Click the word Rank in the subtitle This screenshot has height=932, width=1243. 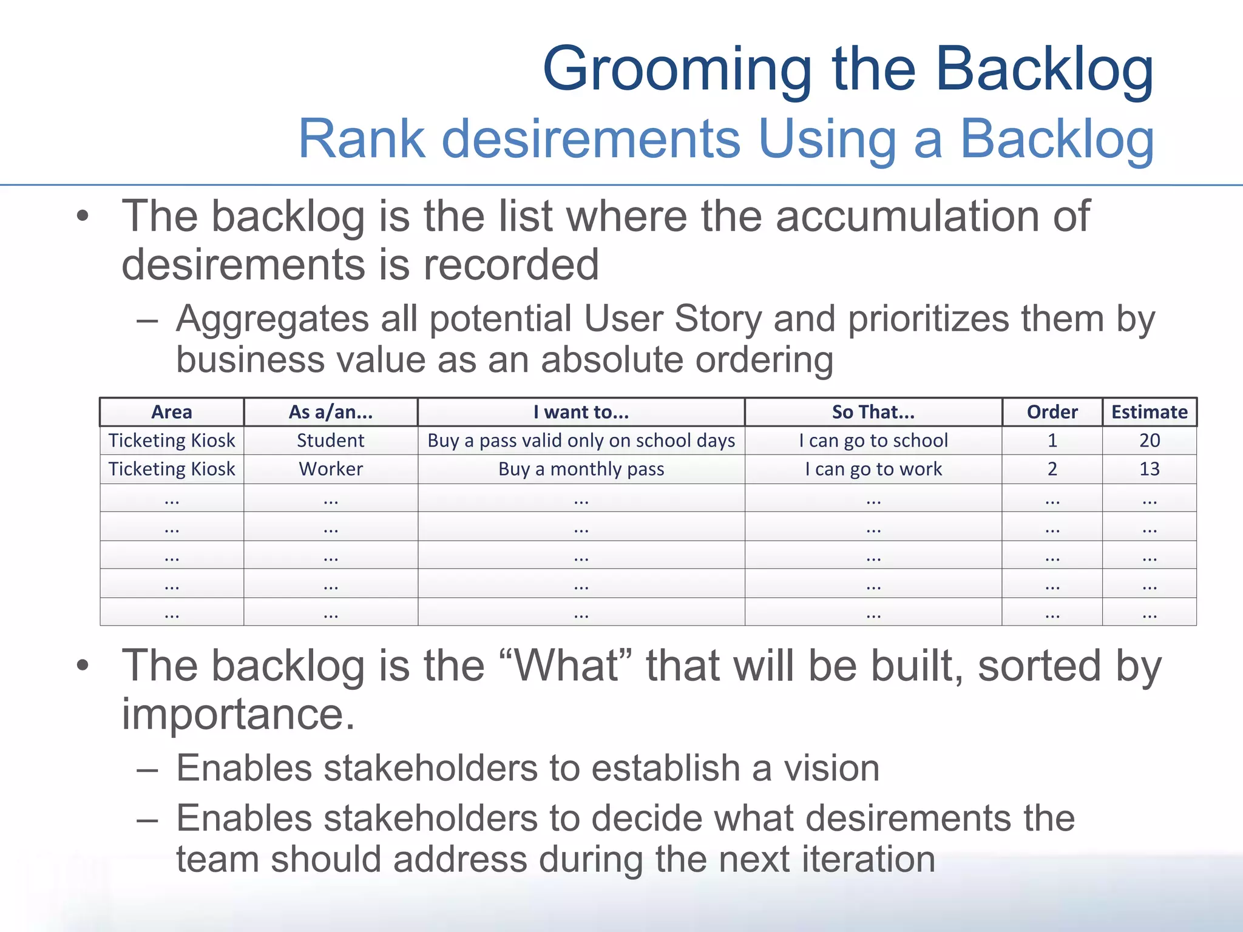(x=361, y=139)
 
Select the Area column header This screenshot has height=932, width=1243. (x=172, y=412)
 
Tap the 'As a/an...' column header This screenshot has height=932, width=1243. (x=330, y=412)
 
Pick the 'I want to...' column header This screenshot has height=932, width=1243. (x=581, y=412)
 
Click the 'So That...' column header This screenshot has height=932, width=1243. (x=873, y=412)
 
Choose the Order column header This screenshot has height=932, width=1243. (x=1052, y=412)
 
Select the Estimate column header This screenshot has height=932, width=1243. (x=1149, y=412)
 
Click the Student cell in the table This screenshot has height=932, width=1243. (x=330, y=441)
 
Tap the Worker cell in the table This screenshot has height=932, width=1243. (x=330, y=469)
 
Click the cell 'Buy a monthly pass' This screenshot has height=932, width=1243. (x=581, y=469)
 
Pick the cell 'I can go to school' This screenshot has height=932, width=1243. (x=873, y=441)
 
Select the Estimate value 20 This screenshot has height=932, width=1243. (x=1149, y=441)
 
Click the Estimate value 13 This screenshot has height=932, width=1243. (x=1149, y=469)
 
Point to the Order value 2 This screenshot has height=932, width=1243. (x=1052, y=469)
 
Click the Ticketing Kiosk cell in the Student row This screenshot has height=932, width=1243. (x=172, y=441)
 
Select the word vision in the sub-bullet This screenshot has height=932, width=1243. (x=831, y=768)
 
